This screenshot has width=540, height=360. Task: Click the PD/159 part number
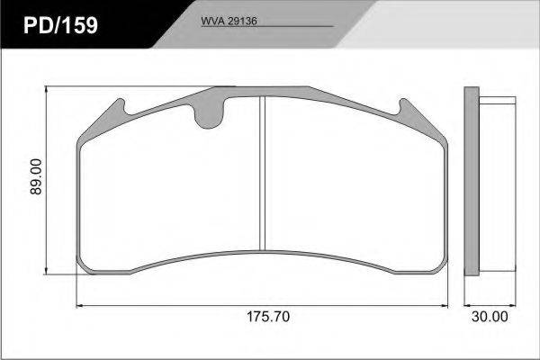pos(60,25)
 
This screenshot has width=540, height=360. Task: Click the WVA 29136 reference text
pos(229,21)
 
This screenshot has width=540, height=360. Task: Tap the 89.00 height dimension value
pos(36,176)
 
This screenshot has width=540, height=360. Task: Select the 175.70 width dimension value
pos(268,317)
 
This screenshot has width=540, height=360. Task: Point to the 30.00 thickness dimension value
pos(490,317)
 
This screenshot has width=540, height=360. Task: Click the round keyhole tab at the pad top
pos(209,115)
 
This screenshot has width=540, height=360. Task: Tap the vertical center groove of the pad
pos(263,174)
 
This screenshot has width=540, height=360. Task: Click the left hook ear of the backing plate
pos(119,107)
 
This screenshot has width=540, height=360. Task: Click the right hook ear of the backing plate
pos(406,107)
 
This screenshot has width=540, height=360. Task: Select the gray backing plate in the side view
pos(472,181)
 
